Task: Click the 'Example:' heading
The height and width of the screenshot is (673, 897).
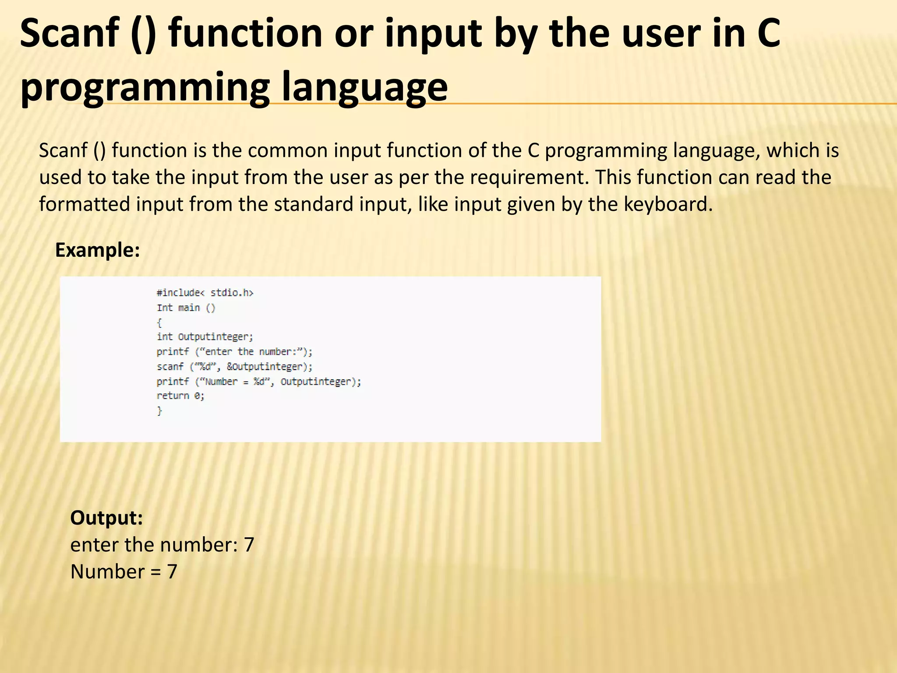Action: tap(97, 250)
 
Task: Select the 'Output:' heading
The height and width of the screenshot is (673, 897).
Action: tap(106, 517)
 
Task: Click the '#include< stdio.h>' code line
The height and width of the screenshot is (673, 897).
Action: tap(205, 293)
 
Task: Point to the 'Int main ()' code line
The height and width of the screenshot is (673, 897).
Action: tap(186, 308)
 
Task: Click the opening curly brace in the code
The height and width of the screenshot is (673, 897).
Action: tap(159, 323)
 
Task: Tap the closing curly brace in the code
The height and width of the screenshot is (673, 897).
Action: tap(160, 411)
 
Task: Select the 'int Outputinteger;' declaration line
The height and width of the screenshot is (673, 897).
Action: tap(205, 337)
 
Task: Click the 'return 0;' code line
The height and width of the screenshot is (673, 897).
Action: tap(180, 396)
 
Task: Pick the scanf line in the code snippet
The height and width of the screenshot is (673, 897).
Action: tap(235, 366)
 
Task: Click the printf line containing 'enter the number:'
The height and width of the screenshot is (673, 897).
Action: tap(234, 351)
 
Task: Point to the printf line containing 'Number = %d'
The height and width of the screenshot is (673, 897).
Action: tap(259, 381)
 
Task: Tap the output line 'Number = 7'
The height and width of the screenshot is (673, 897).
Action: tap(124, 571)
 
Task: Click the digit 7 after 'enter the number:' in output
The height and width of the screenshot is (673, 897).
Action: tap(249, 545)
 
